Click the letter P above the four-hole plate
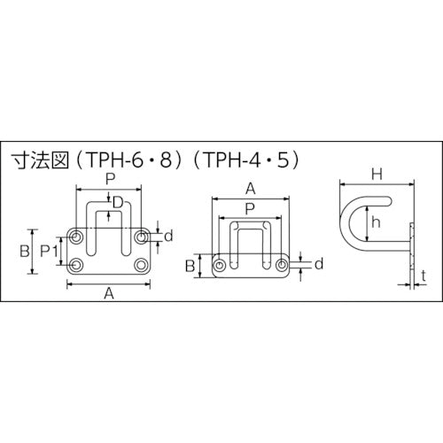109,177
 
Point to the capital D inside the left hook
119,203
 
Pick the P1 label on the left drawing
51,251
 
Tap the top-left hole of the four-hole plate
76,237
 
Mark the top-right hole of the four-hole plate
142,237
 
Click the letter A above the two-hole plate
251,188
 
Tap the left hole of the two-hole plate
219,264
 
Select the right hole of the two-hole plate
282,264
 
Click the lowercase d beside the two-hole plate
317,264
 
